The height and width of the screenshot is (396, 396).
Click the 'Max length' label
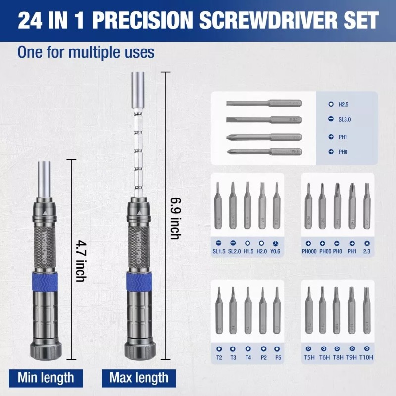tap(139, 378)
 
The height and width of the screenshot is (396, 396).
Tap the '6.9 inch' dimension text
tap(174, 218)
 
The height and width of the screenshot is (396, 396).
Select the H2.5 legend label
tap(344, 105)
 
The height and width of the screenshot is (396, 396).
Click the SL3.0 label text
tap(345, 119)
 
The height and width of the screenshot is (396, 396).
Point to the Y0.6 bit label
tap(276, 251)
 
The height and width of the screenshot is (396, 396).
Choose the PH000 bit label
tap(309, 251)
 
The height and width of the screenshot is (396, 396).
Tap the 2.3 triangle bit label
tap(367, 251)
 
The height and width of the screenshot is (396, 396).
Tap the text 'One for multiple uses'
tap(86, 52)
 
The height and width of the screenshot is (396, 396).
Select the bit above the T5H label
tap(309, 309)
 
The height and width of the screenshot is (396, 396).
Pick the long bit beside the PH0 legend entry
tap(264, 151)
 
